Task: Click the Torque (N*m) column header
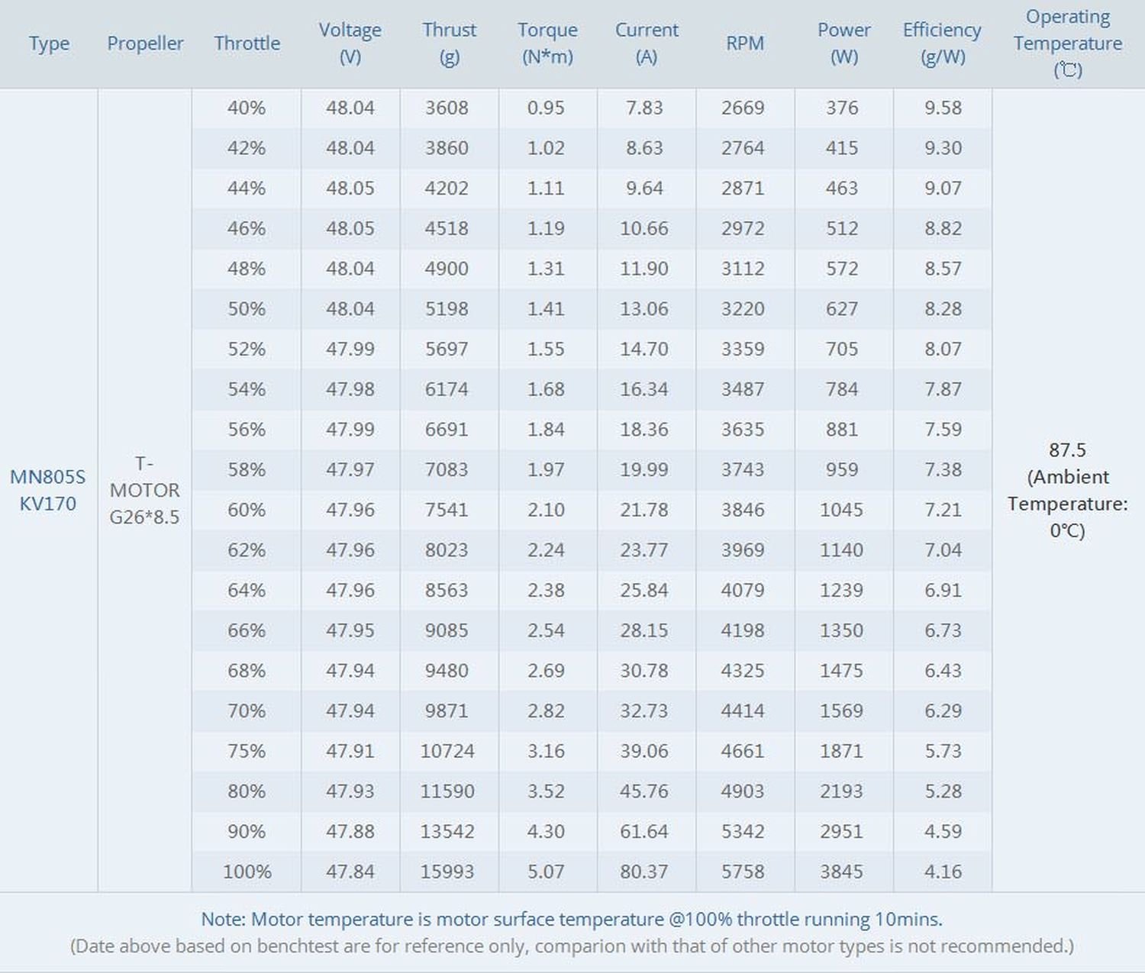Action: (547, 43)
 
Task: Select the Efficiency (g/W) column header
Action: (942, 43)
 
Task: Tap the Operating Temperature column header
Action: (1067, 43)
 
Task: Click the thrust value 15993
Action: (447, 871)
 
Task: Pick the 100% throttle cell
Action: (247, 871)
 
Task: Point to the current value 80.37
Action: (644, 871)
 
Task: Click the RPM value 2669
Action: (743, 108)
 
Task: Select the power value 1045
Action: (841, 510)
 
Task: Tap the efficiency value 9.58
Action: (943, 108)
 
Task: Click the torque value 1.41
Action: (546, 308)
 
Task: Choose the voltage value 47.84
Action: (350, 871)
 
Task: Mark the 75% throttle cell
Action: (247, 750)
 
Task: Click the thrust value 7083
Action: (447, 469)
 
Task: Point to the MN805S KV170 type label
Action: (48, 490)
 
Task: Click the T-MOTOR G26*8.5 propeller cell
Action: (144, 490)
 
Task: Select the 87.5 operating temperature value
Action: (1067, 449)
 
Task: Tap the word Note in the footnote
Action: (223, 919)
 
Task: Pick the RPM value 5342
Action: (743, 831)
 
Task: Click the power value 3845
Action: (841, 871)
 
